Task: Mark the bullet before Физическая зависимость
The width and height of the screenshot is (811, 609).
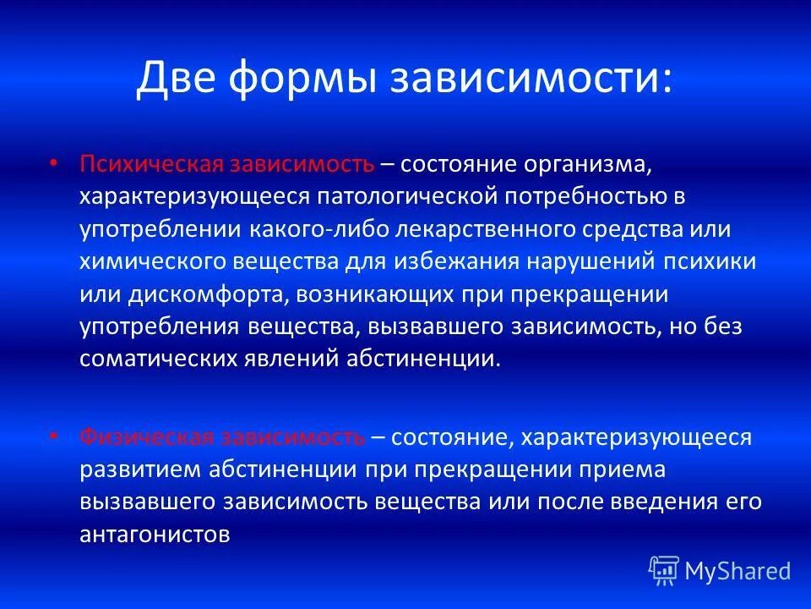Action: click(x=55, y=436)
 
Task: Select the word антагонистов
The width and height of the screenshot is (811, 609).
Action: click(x=155, y=535)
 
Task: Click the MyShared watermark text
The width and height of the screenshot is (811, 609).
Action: click(x=738, y=571)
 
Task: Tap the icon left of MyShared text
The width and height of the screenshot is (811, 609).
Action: click(x=664, y=570)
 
